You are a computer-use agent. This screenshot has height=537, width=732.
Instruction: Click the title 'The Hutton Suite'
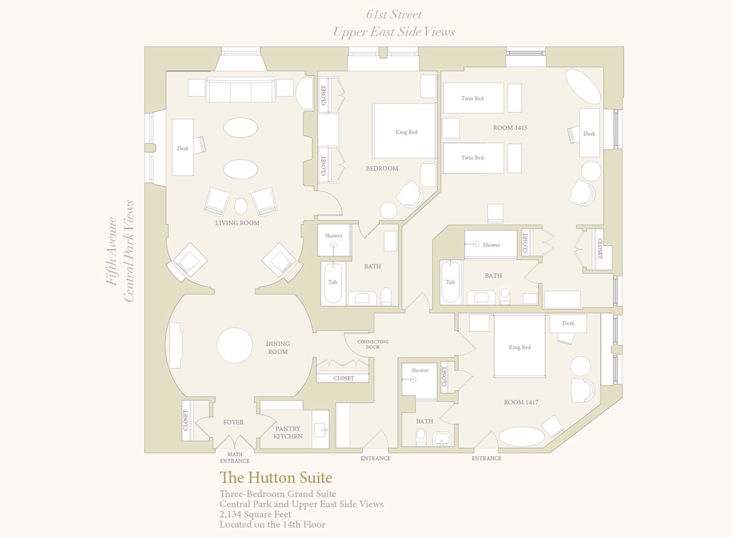point(276,478)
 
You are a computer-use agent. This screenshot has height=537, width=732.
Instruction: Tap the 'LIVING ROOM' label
point(237,223)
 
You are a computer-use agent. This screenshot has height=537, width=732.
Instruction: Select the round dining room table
point(234,345)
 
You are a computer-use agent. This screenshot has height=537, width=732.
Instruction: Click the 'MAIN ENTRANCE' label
point(234,457)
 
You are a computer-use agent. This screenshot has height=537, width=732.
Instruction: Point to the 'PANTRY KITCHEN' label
point(288,433)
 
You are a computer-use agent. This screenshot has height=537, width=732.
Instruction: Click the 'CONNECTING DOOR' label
point(373,344)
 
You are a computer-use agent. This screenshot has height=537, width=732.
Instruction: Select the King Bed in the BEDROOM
point(404,131)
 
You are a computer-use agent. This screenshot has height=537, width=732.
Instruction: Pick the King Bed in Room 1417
point(520,345)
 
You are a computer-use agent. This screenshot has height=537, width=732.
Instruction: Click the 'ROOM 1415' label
point(510,128)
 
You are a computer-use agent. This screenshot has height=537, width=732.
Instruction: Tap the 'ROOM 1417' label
point(521,402)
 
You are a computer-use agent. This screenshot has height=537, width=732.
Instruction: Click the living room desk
point(183,148)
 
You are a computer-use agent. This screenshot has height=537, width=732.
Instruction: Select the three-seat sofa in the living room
point(241,90)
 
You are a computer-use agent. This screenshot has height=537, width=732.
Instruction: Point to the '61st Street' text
point(394,14)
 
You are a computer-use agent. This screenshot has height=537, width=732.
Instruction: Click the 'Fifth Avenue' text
point(112,251)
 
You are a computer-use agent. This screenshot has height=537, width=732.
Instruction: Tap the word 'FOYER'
point(233,422)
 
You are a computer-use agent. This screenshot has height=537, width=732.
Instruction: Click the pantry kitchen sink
point(320,430)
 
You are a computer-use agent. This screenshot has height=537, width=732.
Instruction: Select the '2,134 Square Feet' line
point(255,514)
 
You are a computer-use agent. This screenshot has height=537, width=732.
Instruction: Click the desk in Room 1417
point(568,324)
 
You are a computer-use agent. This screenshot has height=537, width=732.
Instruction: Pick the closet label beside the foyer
point(186,420)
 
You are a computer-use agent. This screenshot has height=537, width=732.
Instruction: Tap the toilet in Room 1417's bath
point(421,437)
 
